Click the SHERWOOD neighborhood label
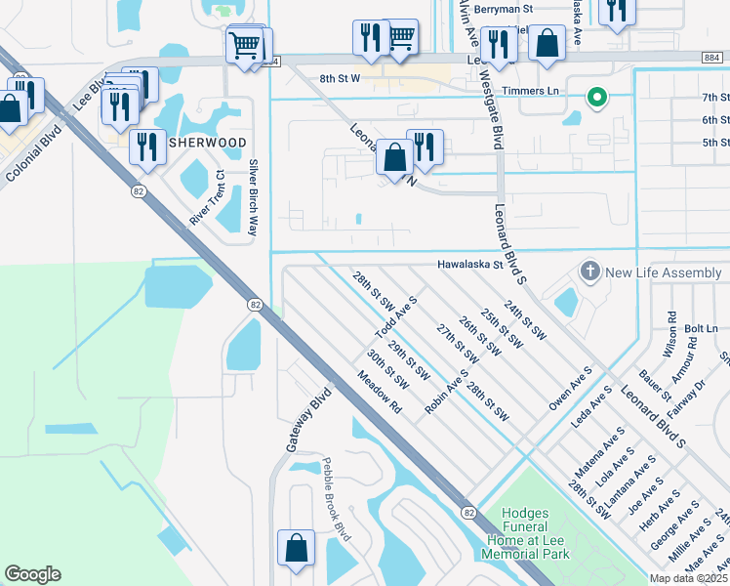208,143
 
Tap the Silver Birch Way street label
253,197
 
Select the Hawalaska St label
468,264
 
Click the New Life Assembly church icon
589,271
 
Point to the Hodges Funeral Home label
526,533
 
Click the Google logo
32,574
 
